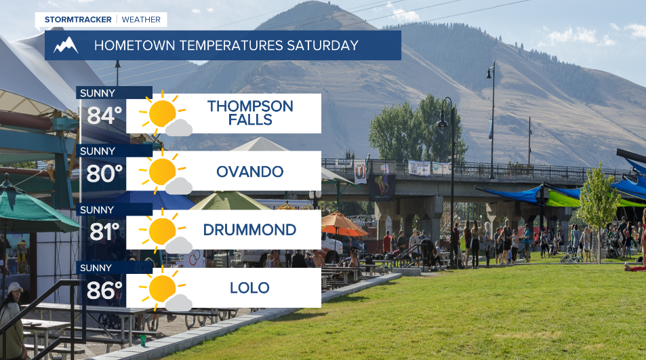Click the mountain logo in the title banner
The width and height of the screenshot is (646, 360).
click(x=66, y=45)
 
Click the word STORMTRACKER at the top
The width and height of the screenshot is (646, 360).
click(x=78, y=20)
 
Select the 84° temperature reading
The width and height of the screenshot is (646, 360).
click(x=104, y=116)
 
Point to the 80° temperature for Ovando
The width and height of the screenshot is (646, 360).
click(x=104, y=174)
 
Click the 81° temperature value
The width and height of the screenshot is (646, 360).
click(x=104, y=231)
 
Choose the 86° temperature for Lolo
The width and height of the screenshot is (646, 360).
click(x=104, y=290)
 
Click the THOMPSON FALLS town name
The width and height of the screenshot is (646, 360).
click(x=250, y=113)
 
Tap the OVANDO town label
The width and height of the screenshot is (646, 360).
click(x=249, y=172)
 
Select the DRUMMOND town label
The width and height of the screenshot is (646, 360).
click(x=249, y=230)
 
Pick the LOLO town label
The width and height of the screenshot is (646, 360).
click(x=249, y=288)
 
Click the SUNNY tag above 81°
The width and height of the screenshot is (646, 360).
click(x=97, y=210)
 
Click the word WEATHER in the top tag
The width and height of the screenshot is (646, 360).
click(x=141, y=20)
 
